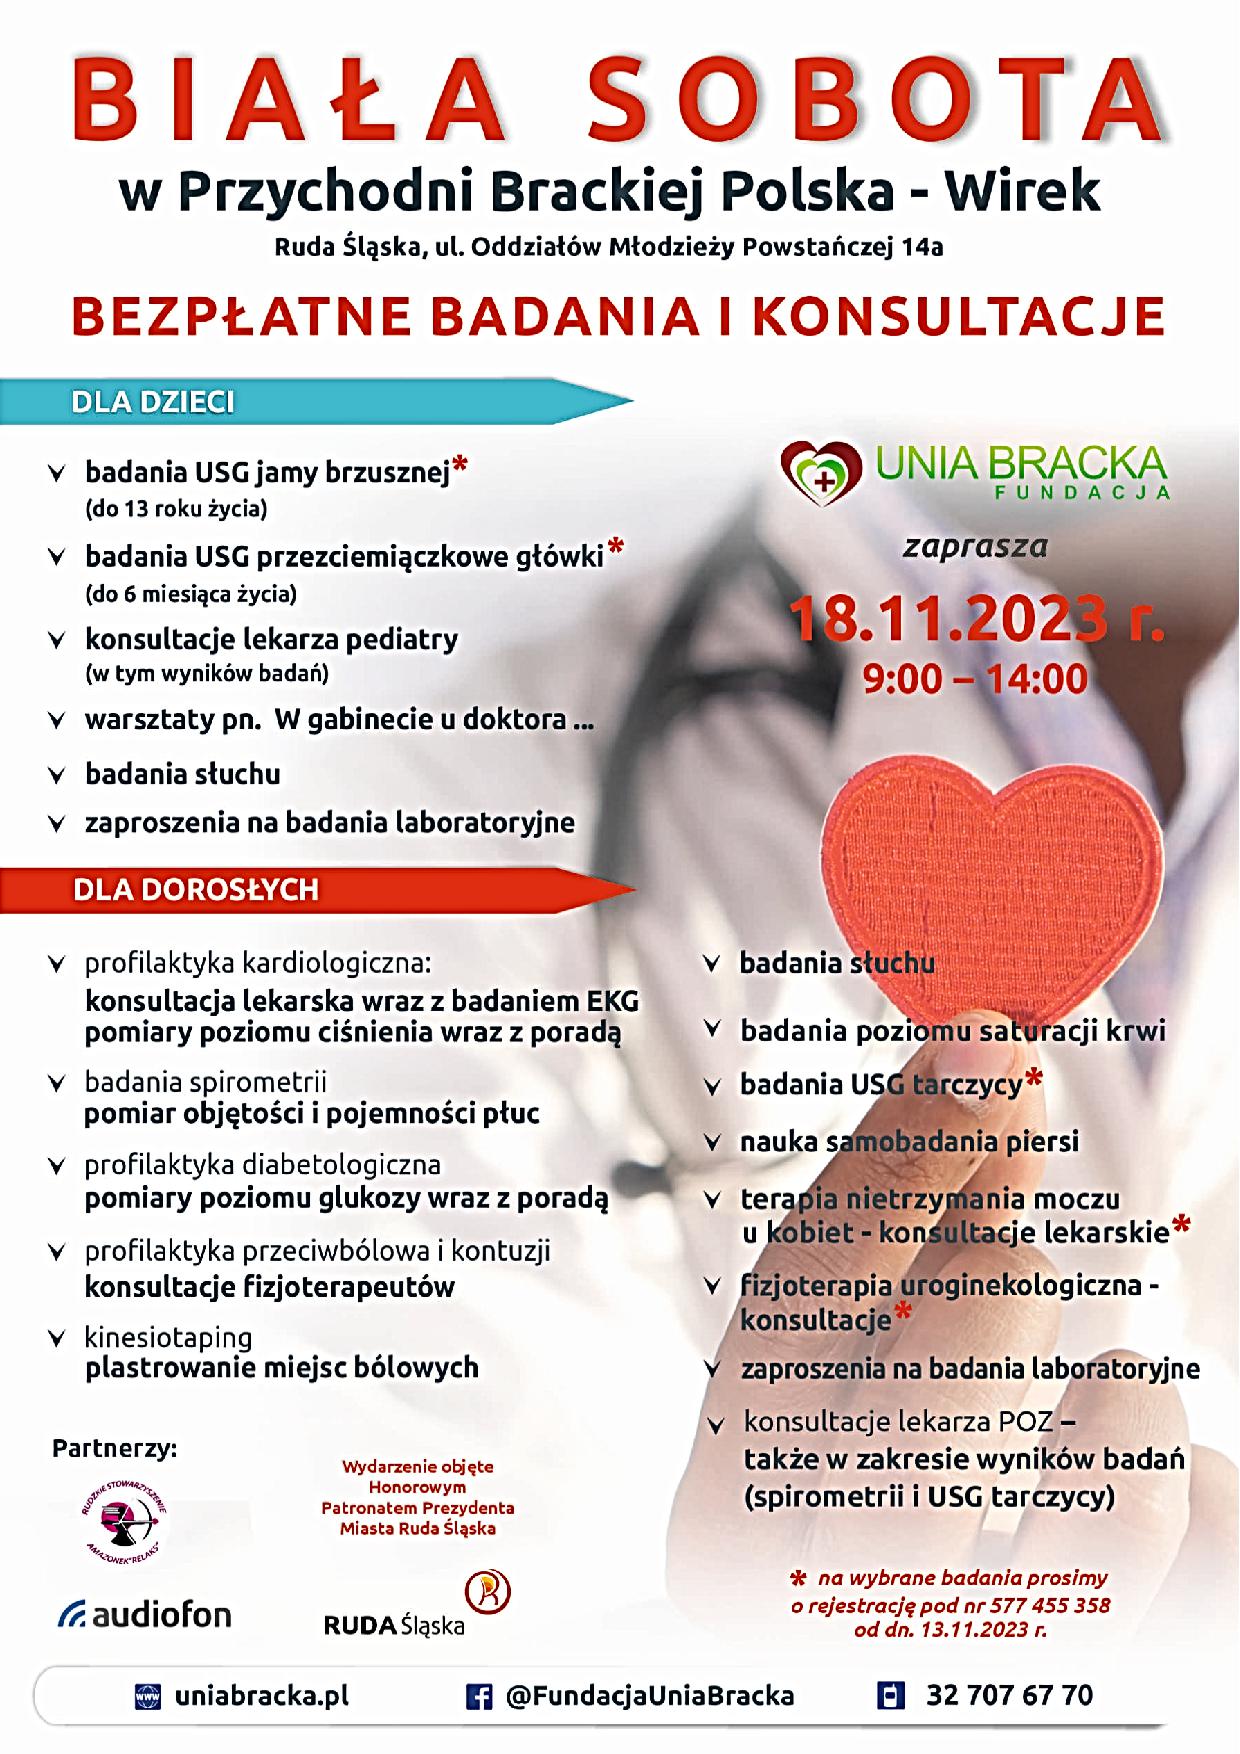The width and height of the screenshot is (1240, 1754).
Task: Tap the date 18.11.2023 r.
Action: click(x=977, y=620)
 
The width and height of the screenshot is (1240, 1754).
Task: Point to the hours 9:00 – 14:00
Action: click(x=975, y=679)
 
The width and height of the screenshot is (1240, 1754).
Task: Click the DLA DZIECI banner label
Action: click(x=153, y=402)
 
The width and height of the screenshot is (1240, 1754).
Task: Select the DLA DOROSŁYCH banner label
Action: click(x=196, y=889)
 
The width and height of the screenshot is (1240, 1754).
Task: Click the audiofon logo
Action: click(x=145, y=1614)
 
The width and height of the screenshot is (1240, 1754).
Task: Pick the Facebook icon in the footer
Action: click(x=480, y=1696)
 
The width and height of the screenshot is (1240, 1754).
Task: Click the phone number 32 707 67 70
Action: click(x=1009, y=1695)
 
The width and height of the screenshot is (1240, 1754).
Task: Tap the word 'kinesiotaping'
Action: click(x=168, y=1337)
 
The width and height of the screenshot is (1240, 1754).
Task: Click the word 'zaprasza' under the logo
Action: click(x=975, y=547)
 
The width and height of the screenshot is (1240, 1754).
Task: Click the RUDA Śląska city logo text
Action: click(x=394, y=1625)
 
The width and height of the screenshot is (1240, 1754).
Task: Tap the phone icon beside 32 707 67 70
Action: click(x=889, y=1696)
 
